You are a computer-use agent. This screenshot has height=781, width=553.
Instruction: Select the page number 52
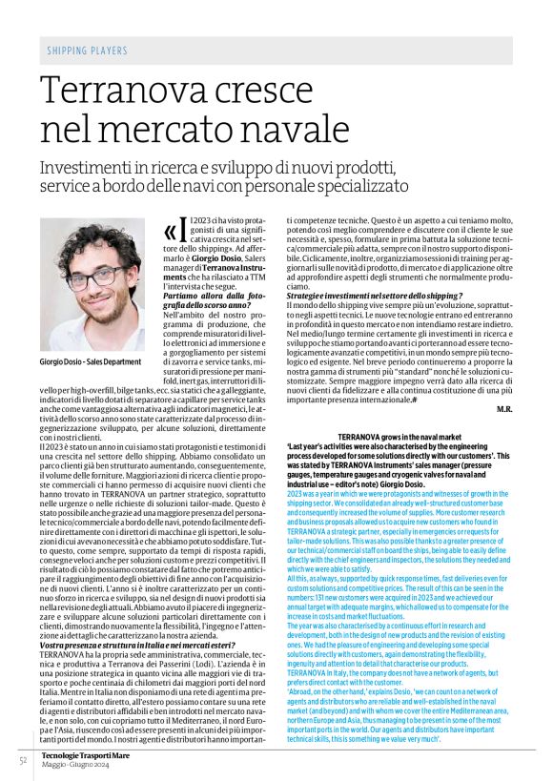[x=21, y=759]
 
